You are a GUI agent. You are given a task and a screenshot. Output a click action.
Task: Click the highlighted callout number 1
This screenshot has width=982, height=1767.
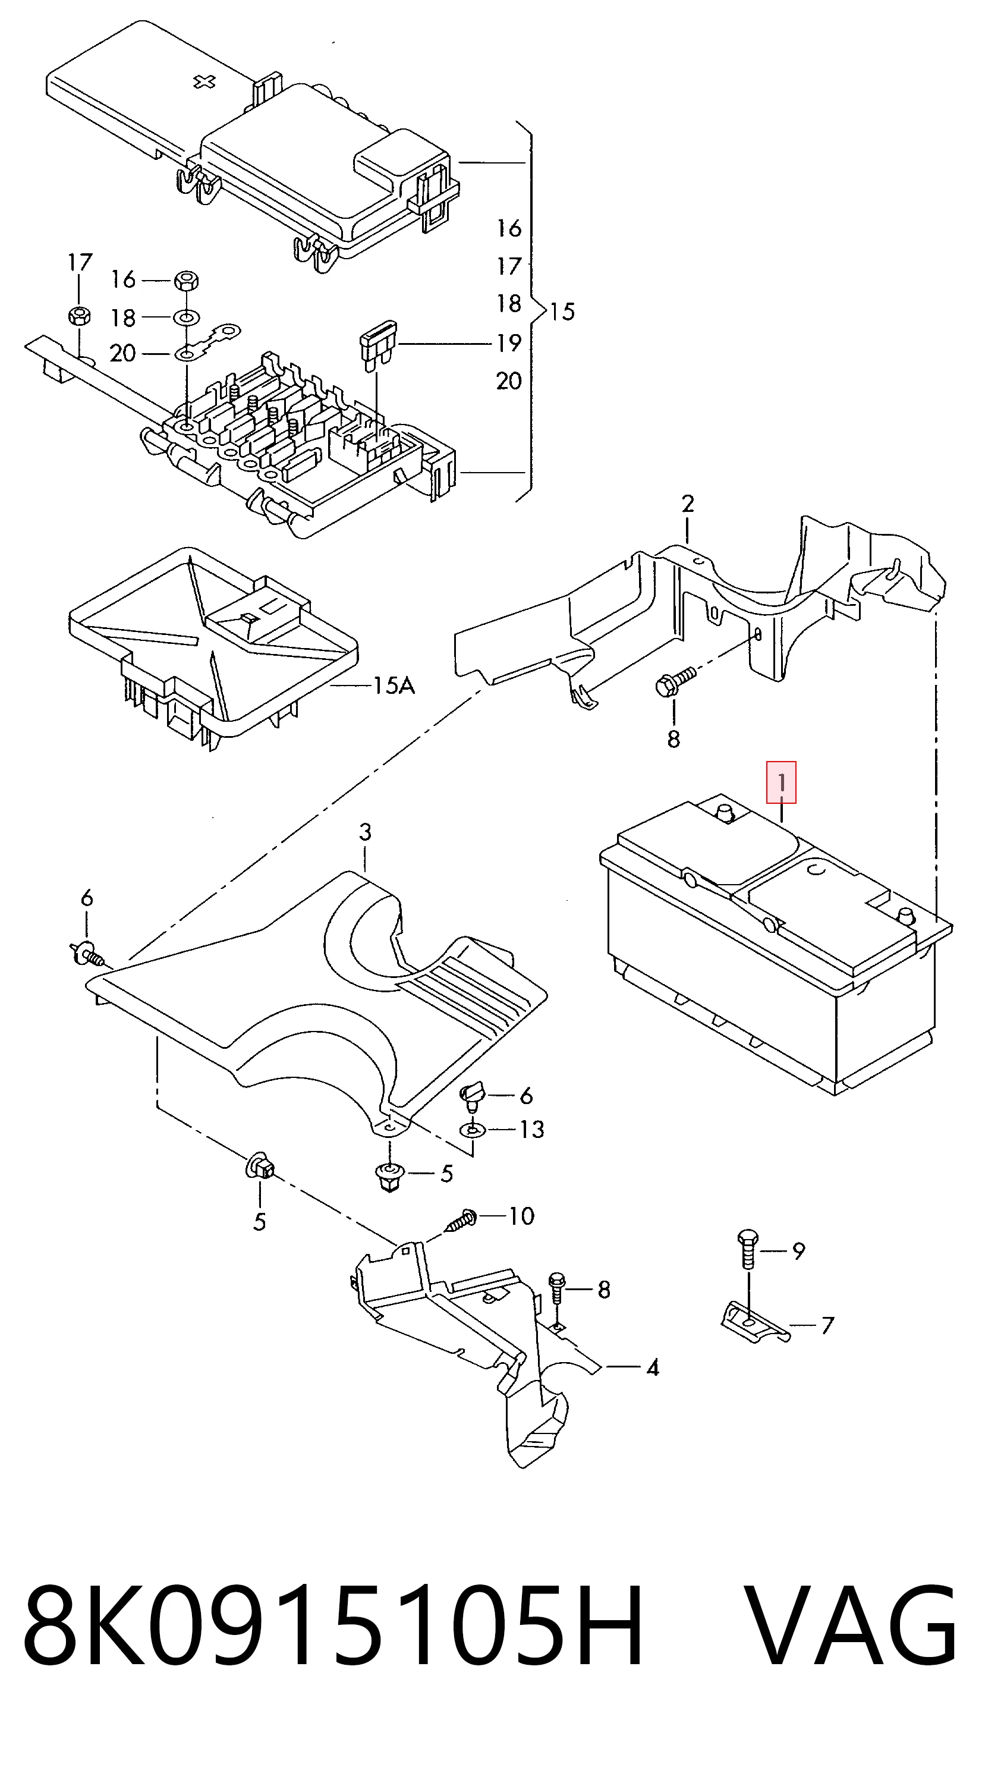(x=781, y=782)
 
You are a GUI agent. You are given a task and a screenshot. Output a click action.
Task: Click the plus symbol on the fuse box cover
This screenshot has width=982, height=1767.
(x=204, y=82)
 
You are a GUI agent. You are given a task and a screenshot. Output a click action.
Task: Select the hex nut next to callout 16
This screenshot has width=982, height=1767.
(x=186, y=280)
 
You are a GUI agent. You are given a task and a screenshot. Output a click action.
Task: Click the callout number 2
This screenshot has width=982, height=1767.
(x=688, y=504)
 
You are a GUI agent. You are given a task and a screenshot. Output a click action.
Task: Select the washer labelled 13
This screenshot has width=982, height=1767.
(x=473, y=1128)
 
